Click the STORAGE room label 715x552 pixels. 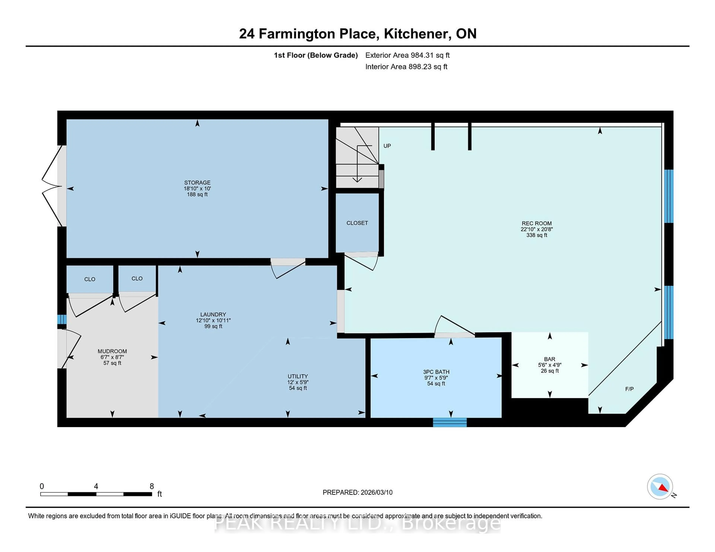pyautogui.click(x=197, y=182)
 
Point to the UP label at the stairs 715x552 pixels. pyautogui.click(x=387, y=146)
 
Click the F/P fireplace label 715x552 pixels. pyautogui.click(x=629, y=389)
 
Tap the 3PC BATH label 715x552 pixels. pyautogui.click(x=436, y=372)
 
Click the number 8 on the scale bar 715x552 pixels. pyautogui.click(x=152, y=486)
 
